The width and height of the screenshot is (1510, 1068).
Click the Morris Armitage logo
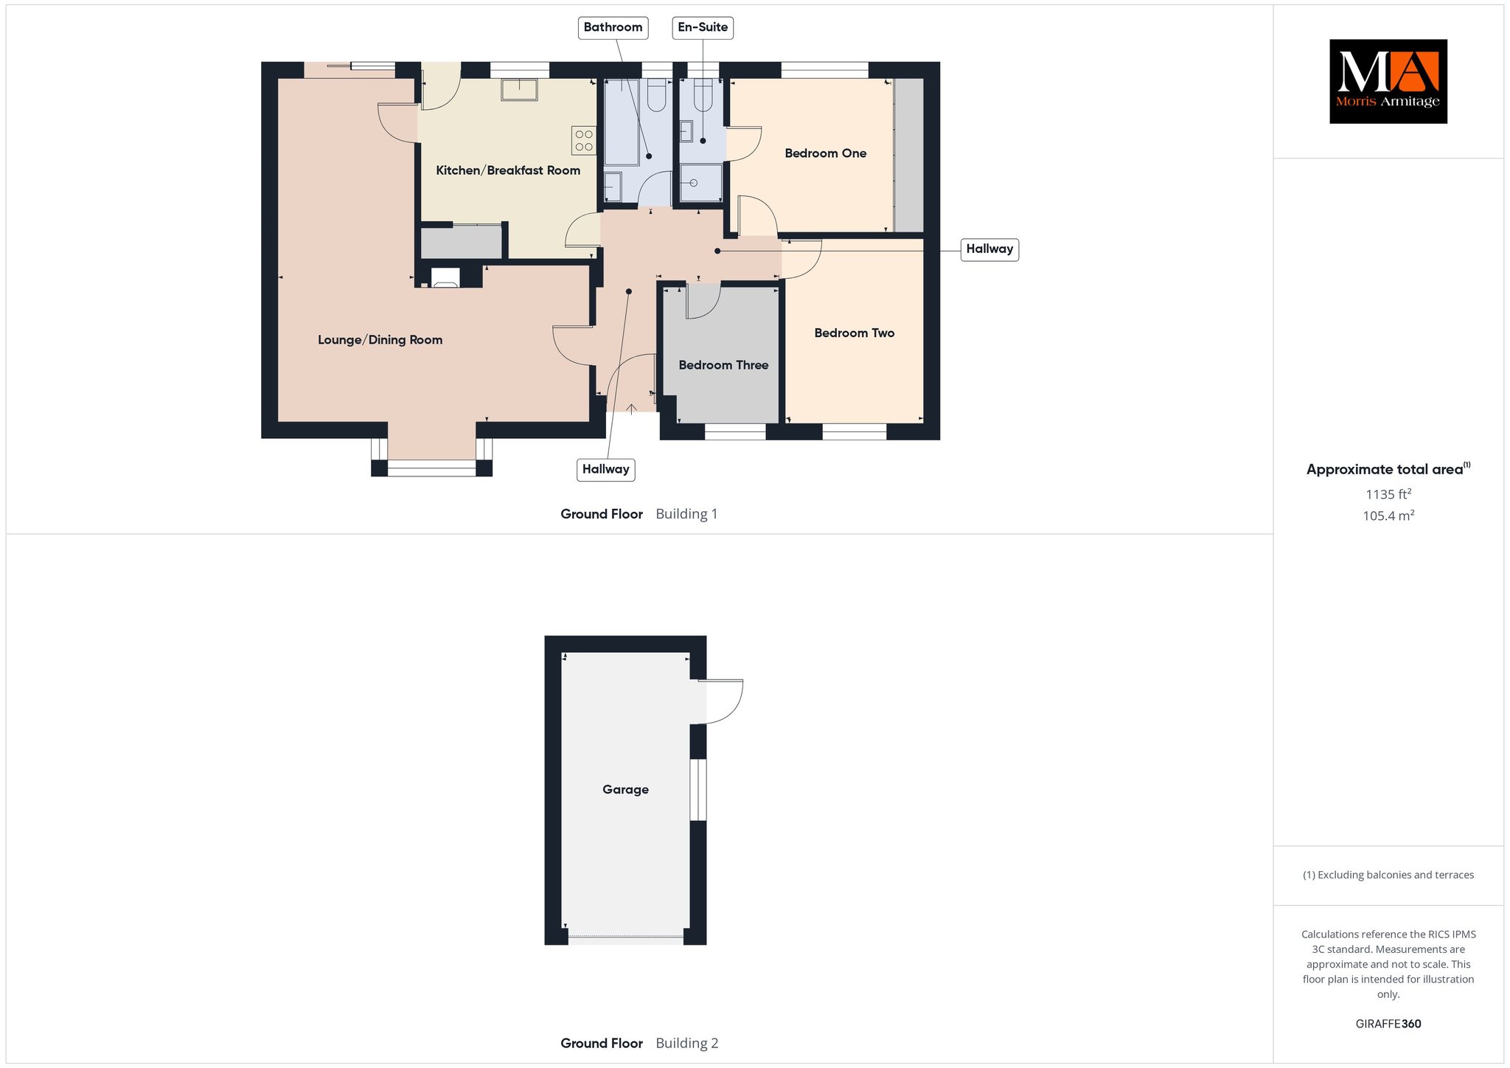1388,81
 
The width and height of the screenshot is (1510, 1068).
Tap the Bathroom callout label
613,27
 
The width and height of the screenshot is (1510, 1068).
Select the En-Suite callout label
703,27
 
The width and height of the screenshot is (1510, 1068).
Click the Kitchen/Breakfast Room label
508,170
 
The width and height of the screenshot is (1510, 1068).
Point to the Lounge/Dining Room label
380,340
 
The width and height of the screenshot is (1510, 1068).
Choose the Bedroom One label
825,153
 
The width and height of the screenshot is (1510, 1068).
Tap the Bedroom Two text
854,333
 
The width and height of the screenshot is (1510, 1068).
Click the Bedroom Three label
723,365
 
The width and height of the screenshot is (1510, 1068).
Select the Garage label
625,790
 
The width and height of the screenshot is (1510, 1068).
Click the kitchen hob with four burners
584,140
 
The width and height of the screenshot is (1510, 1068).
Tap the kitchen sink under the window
519,89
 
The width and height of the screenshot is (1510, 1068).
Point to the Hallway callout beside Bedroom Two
989,249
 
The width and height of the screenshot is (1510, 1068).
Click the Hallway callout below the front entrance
605,469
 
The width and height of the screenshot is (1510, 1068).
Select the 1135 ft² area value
1388,494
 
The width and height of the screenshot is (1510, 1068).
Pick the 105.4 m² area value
1388,516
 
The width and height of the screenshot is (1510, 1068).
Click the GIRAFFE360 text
1388,1024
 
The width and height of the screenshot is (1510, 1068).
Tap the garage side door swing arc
734,708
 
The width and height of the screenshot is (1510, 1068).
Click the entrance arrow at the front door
632,408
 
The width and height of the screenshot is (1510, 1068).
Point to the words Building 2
686,1043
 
